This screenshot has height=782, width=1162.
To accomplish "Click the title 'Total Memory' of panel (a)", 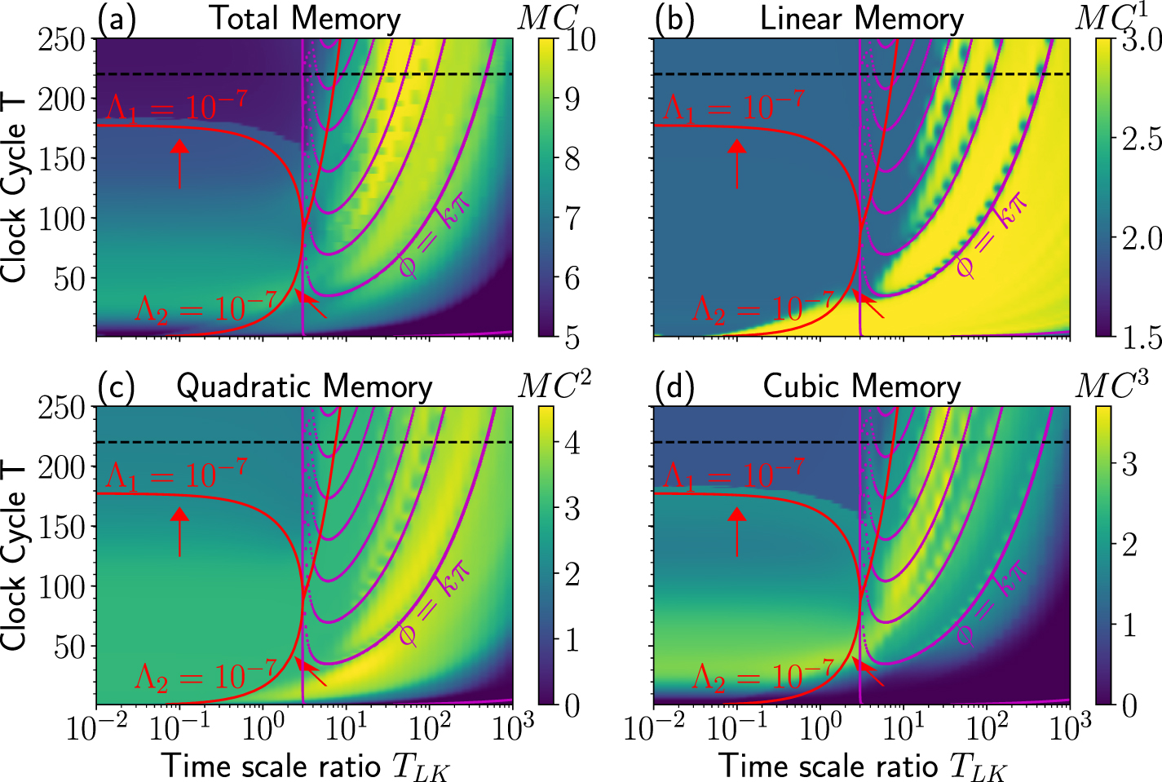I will pyautogui.click(x=306, y=19).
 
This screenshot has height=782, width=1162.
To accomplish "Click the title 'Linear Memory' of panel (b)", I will pyautogui.click(x=862, y=19).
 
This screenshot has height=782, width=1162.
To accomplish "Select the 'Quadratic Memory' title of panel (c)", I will pyautogui.click(x=304, y=387).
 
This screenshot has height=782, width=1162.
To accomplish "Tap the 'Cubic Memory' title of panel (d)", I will pyautogui.click(x=862, y=387).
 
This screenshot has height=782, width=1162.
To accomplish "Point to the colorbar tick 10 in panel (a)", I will pyautogui.click(x=581, y=39).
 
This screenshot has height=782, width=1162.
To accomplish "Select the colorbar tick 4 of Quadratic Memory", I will pyautogui.click(x=572, y=443).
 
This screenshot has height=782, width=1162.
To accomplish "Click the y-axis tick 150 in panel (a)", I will pyautogui.click(x=62, y=159).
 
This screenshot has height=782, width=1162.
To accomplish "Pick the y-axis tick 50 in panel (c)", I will pyautogui.click(x=70, y=647).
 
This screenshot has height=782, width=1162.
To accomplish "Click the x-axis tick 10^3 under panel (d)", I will pyautogui.click(x=1069, y=728).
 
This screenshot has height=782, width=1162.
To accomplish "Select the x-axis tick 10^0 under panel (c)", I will pyautogui.click(x=263, y=728).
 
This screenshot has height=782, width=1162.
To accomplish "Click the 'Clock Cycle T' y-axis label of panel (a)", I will pyautogui.click(x=15, y=188).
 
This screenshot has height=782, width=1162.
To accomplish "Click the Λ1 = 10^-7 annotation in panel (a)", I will pyautogui.click(x=176, y=107).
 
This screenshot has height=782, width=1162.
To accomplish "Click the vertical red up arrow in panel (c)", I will pyautogui.click(x=179, y=530).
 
